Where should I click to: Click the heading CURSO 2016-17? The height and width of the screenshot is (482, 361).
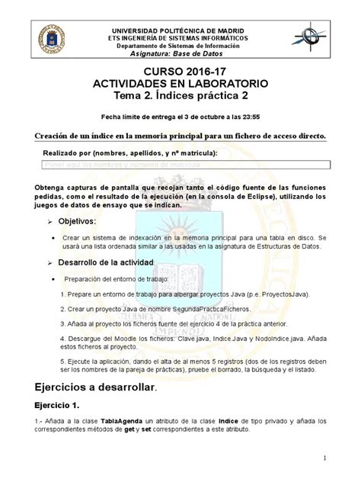pyautogui.click(x=180, y=71)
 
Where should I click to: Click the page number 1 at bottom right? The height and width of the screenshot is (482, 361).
pyautogui.click(x=324, y=457)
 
